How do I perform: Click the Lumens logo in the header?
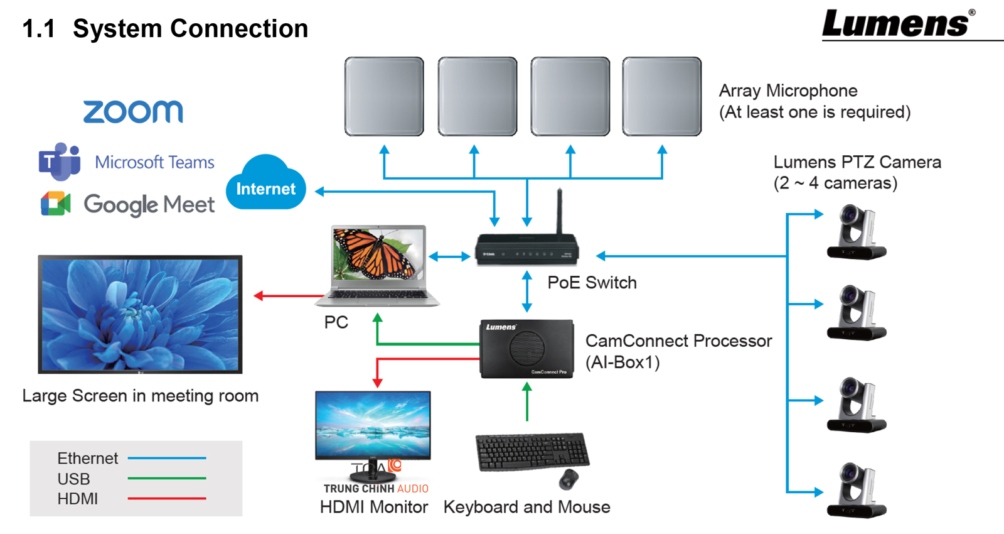coord(897,25)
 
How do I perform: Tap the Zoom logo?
coord(133,112)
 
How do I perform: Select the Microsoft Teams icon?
coord(60,161)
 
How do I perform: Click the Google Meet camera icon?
coord(55,204)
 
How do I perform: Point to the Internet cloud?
coord(265,184)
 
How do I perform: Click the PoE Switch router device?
coord(526,249)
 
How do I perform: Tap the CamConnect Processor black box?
coord(526,349)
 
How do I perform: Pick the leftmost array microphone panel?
coord(384,96)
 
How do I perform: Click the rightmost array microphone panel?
coord(662,96)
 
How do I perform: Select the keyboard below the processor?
coord(531,451)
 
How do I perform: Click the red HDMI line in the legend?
coord(167,498)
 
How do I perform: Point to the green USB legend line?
coord(167,478)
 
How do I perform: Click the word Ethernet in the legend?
coord(87,459)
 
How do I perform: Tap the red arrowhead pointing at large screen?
coord(258,295)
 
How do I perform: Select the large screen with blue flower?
coord(140,314)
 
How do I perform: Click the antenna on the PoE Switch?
coord(559,210)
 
